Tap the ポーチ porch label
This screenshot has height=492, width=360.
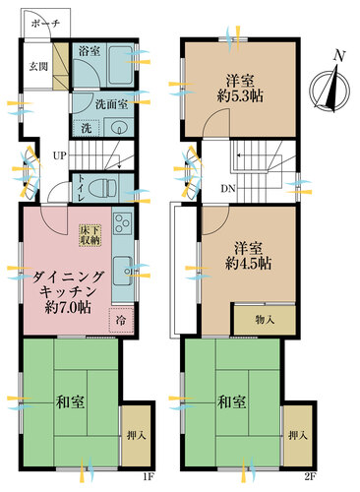pyautogui.click(x=45, y=24)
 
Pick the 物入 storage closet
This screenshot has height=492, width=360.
pyautogui.click(x=262, y=320)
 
